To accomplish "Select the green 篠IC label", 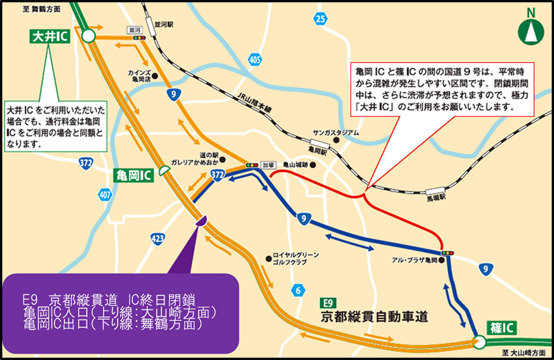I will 502,328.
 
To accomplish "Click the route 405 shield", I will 255,60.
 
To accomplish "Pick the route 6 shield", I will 299,289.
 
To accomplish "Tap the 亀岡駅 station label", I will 316,151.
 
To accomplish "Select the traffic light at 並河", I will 140,38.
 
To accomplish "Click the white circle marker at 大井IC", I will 88,37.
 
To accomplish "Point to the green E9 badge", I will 329,303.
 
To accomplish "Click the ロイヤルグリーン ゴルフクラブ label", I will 296,258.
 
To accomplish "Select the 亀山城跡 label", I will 295,166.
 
